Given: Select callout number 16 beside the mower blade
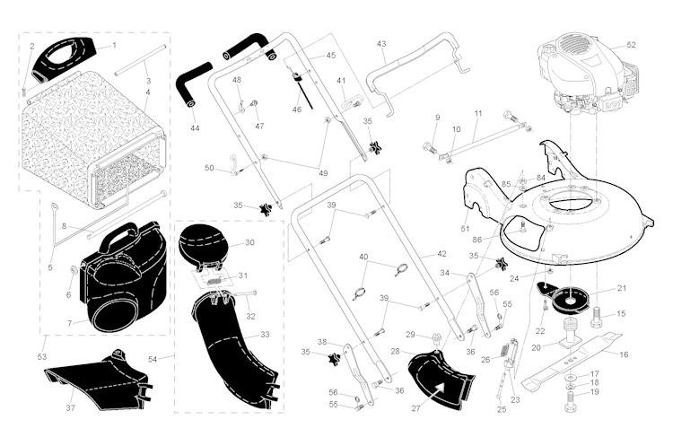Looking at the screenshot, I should [623, 354].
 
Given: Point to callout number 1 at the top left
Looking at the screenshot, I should [114, 45].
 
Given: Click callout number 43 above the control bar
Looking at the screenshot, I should [381, 44].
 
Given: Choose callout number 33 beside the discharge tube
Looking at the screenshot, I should [264, 334].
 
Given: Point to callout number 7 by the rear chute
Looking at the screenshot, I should [68, 322].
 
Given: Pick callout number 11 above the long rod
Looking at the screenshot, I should [477, 114].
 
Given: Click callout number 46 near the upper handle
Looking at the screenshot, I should [297, 109].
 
